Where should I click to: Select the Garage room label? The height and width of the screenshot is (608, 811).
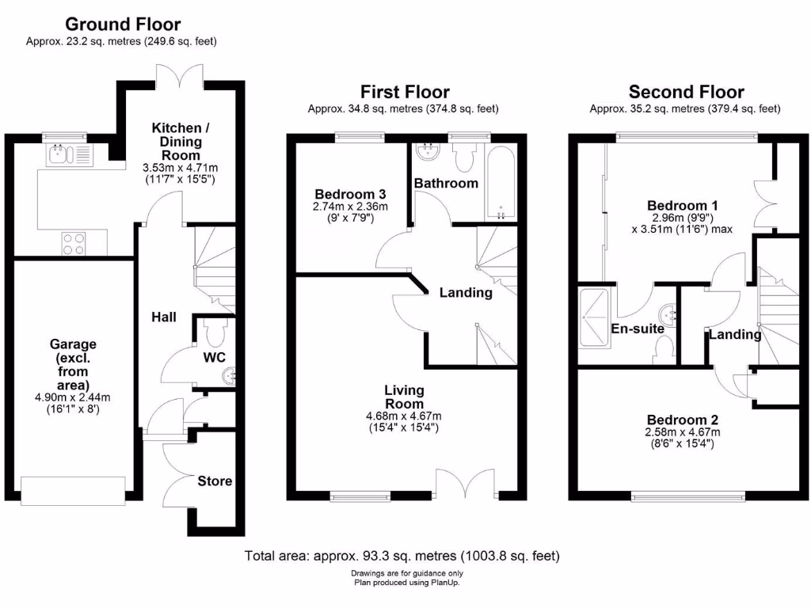click(73, 344)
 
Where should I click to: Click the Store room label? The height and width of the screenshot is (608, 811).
click(215, 481)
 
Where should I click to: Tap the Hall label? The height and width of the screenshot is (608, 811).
click(164, 317)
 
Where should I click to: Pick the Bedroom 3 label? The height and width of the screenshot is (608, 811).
click(350, 194)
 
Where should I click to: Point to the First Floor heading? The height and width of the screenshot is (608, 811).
click(405, 93)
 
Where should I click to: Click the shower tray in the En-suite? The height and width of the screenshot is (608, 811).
click(593, 318)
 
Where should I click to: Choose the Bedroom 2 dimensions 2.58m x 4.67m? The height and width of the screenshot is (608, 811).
click(682, 432)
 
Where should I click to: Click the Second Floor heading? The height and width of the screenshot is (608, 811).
click(686, 93)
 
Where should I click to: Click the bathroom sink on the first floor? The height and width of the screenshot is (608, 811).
click(431, 150)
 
